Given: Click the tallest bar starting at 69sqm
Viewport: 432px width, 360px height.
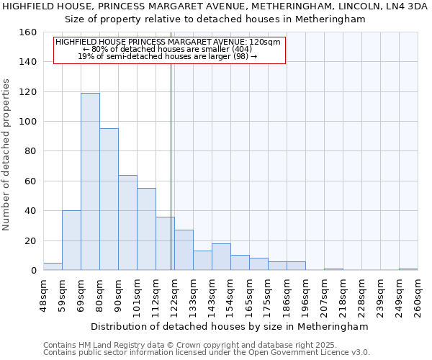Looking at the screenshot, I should coord(90,181).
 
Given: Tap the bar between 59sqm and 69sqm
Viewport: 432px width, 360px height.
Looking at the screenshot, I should coord(71,240).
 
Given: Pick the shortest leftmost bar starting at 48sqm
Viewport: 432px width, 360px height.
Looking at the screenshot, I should coord(53,266).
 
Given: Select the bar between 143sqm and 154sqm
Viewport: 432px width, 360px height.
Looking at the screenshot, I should coord(221,257).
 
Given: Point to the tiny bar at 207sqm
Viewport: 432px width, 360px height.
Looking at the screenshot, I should coord(333,269).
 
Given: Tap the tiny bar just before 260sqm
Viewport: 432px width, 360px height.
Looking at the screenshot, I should coord(408,269).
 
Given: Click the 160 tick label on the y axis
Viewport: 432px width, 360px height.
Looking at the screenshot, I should coord(28,32).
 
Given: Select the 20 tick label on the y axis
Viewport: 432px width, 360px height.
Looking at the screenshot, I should coord(31,240).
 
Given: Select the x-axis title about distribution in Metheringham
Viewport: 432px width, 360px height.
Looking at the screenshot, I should coord(230,326).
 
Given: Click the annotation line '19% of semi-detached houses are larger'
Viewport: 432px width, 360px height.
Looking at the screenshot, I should coord(167,56).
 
